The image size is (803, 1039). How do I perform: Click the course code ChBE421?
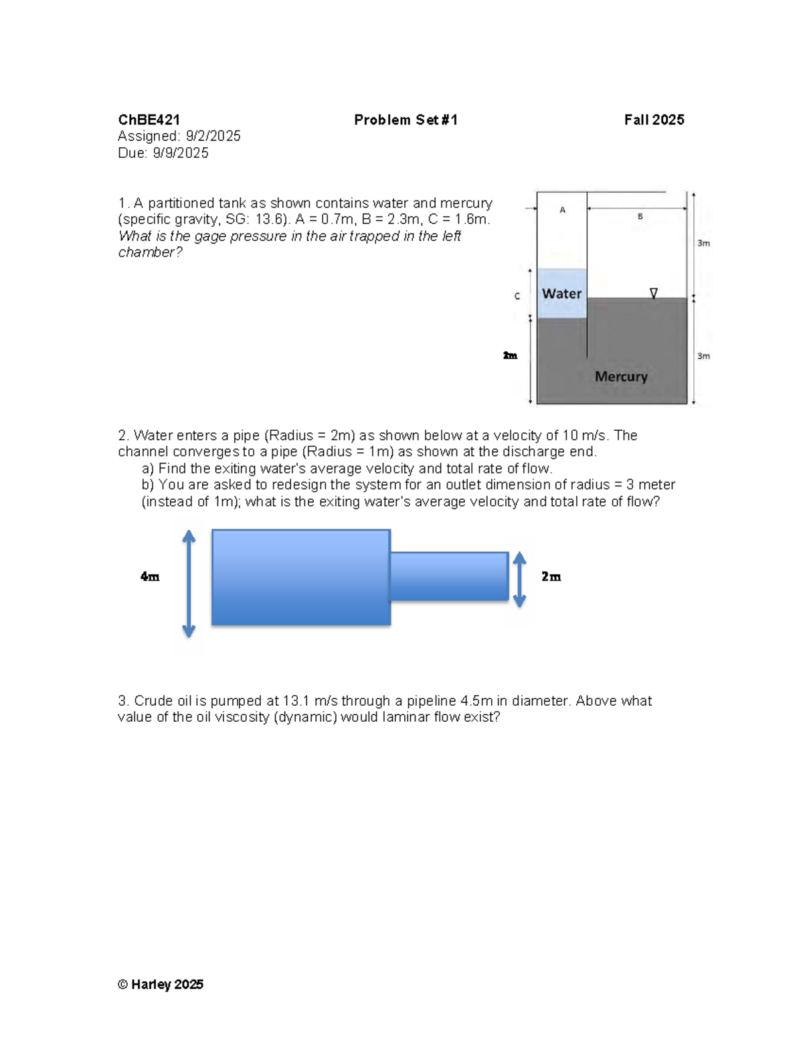point(149,120)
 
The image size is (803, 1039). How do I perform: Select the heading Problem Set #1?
point(406,120)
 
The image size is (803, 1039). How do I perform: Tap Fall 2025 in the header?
point(654,120)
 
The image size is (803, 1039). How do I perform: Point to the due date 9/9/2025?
point(181,153)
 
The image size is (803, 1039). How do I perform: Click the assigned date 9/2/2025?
point(213,136)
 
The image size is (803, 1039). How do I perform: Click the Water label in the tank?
point(561,294)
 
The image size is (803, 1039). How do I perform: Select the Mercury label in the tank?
point(621,377)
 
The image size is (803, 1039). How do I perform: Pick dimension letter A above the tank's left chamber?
point(562,210)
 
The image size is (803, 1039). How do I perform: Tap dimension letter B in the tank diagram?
point(640,216)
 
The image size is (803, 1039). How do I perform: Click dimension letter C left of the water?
point(517,296)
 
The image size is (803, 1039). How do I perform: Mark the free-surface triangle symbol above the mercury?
point(654,293)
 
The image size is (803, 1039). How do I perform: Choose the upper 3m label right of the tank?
point(703,244)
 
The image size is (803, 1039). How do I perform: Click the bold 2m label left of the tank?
point(510,355)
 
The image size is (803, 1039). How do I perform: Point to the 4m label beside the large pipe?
point(150,577)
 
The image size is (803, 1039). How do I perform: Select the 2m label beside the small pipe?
point(551,577)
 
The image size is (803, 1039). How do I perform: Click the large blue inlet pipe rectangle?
point(301,577)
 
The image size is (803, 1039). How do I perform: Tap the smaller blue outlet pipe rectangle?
point(449,576)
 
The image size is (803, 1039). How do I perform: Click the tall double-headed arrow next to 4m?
point(189,583)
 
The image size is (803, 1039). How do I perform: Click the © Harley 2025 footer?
point(161,984)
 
